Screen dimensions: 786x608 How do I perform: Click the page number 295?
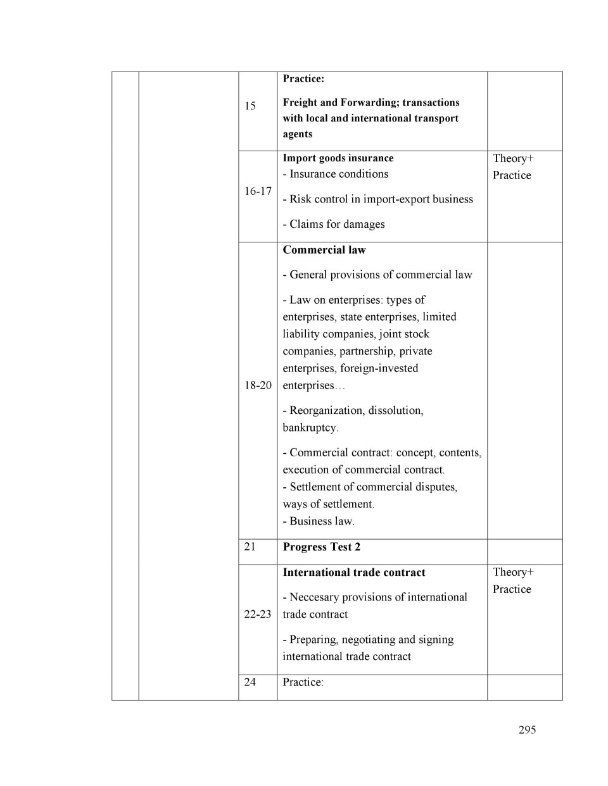527,730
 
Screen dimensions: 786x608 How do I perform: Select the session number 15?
250,106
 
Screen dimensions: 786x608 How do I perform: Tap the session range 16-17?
258,191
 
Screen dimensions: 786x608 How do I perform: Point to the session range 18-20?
258,385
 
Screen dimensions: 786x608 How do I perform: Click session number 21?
250,546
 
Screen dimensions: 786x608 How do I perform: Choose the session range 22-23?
258,614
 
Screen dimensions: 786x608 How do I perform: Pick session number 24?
250,682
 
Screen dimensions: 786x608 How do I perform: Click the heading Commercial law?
324,250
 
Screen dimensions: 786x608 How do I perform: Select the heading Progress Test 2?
321,547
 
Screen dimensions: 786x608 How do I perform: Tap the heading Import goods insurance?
338,158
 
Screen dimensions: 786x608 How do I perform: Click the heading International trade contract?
353,573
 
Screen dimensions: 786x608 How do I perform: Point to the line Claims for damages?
334,224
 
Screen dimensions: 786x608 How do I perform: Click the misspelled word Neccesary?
316,597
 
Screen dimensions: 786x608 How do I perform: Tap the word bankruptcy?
310,428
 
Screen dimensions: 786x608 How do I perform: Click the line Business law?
319,521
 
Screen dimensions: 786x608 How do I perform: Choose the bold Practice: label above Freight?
303,79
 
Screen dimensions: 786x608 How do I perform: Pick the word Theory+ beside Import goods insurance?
513,158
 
